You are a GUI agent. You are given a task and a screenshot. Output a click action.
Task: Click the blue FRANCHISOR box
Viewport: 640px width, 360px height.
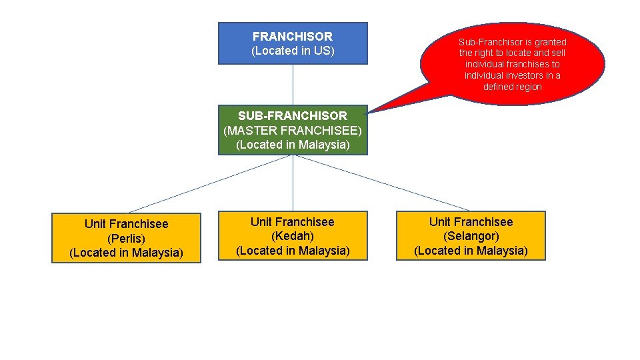click(x=293, y=43)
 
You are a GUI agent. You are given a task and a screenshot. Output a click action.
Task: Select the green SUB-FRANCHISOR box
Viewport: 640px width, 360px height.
click(x=293, y=130)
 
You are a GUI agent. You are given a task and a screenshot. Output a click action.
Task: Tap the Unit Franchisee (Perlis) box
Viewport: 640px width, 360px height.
click(x=126, y=238)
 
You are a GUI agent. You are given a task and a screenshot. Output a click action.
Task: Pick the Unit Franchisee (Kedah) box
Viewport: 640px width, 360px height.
click(x=293, y=236)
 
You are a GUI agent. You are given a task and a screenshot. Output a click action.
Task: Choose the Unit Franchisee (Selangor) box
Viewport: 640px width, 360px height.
click(x=471, y=236)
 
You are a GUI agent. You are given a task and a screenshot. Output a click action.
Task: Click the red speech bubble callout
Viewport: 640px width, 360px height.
click(x=512, y=64)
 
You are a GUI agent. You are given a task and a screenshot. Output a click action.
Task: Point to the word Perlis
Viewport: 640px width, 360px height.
click(x=126, y=239)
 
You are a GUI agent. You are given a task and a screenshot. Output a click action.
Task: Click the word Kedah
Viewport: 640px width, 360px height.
click(x=293, y=236)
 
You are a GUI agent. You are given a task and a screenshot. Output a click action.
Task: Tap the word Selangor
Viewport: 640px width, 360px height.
click(x=471, y=236)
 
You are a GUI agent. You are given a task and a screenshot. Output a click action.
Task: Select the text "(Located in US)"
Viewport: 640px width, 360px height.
click(x=293, y=51)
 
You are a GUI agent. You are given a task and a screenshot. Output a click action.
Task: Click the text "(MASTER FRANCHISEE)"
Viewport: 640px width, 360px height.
click(x=293, y=130)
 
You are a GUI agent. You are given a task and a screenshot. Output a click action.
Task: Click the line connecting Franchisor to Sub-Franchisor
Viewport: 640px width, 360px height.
click(x=293, y=85)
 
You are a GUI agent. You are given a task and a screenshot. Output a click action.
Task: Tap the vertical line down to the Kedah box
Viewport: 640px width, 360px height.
click(x=293, y=183)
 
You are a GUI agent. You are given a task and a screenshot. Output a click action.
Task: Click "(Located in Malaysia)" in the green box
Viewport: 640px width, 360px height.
click(x=293, y=145)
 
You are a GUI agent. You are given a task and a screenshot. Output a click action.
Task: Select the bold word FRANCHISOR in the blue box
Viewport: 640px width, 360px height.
click(x=293, y=37)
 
